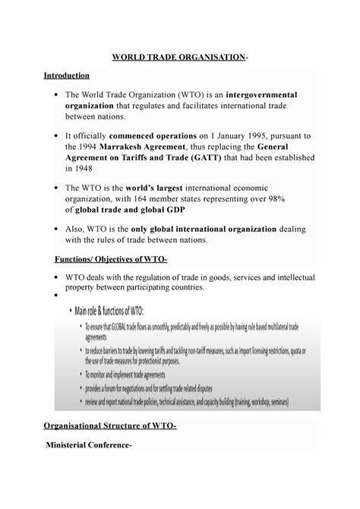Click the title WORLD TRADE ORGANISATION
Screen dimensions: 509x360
click(x=179, y=58)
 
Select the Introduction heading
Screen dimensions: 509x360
click(x=66, y=76)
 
